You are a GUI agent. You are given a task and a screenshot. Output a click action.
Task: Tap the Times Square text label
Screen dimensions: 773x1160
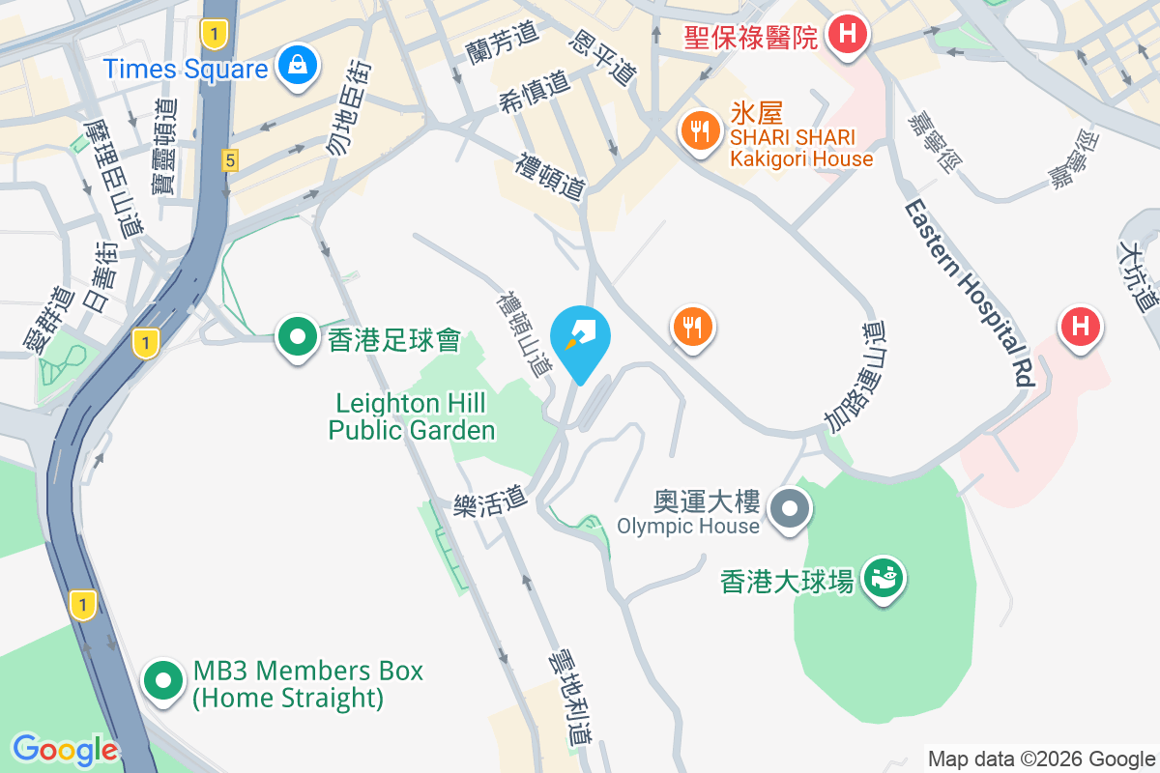186,70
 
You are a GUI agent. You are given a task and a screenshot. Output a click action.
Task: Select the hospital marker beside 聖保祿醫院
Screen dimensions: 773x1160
848,35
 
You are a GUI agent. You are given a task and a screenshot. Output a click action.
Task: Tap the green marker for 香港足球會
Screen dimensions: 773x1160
298,338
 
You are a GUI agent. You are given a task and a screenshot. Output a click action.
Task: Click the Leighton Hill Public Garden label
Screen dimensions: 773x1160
412,416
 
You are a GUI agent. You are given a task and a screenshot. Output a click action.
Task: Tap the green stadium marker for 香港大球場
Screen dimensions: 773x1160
884,578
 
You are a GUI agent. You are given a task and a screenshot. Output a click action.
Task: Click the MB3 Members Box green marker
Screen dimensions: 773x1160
163,681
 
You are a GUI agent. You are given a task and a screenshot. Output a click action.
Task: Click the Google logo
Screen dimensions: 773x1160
65,750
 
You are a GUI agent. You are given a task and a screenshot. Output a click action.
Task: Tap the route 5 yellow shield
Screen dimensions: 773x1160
229,160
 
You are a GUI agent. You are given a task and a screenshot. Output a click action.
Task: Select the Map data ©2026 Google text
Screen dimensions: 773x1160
1041,759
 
